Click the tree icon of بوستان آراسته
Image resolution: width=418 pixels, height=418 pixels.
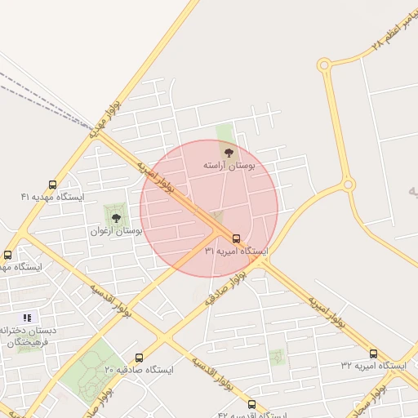point(228,151)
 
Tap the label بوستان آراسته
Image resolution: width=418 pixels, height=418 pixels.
point(229,166)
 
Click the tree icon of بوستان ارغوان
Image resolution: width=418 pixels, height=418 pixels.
point(115,218)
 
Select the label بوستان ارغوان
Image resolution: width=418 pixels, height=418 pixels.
point(117,232)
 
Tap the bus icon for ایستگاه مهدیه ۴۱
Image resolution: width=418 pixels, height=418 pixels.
point(53,185)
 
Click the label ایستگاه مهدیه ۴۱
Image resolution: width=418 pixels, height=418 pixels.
point(53,198)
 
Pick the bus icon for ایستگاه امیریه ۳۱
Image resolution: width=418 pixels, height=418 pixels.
point(236,238)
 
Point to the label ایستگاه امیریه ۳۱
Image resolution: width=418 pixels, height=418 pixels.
point(236,251)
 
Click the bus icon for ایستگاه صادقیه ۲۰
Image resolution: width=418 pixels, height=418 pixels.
point(139,358)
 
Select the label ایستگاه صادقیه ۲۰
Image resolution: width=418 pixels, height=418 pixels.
point(139,371)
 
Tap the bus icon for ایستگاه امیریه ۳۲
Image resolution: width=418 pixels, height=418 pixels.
point(373,354)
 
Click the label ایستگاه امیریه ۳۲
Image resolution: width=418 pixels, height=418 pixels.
point(373,367)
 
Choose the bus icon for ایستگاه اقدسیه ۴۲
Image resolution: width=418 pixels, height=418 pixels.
point(251,404)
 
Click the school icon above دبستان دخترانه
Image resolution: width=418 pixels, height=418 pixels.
point(27,318)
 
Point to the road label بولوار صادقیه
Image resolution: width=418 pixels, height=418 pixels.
point(225,291)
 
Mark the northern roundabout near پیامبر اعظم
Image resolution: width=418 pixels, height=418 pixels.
point(324,64)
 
